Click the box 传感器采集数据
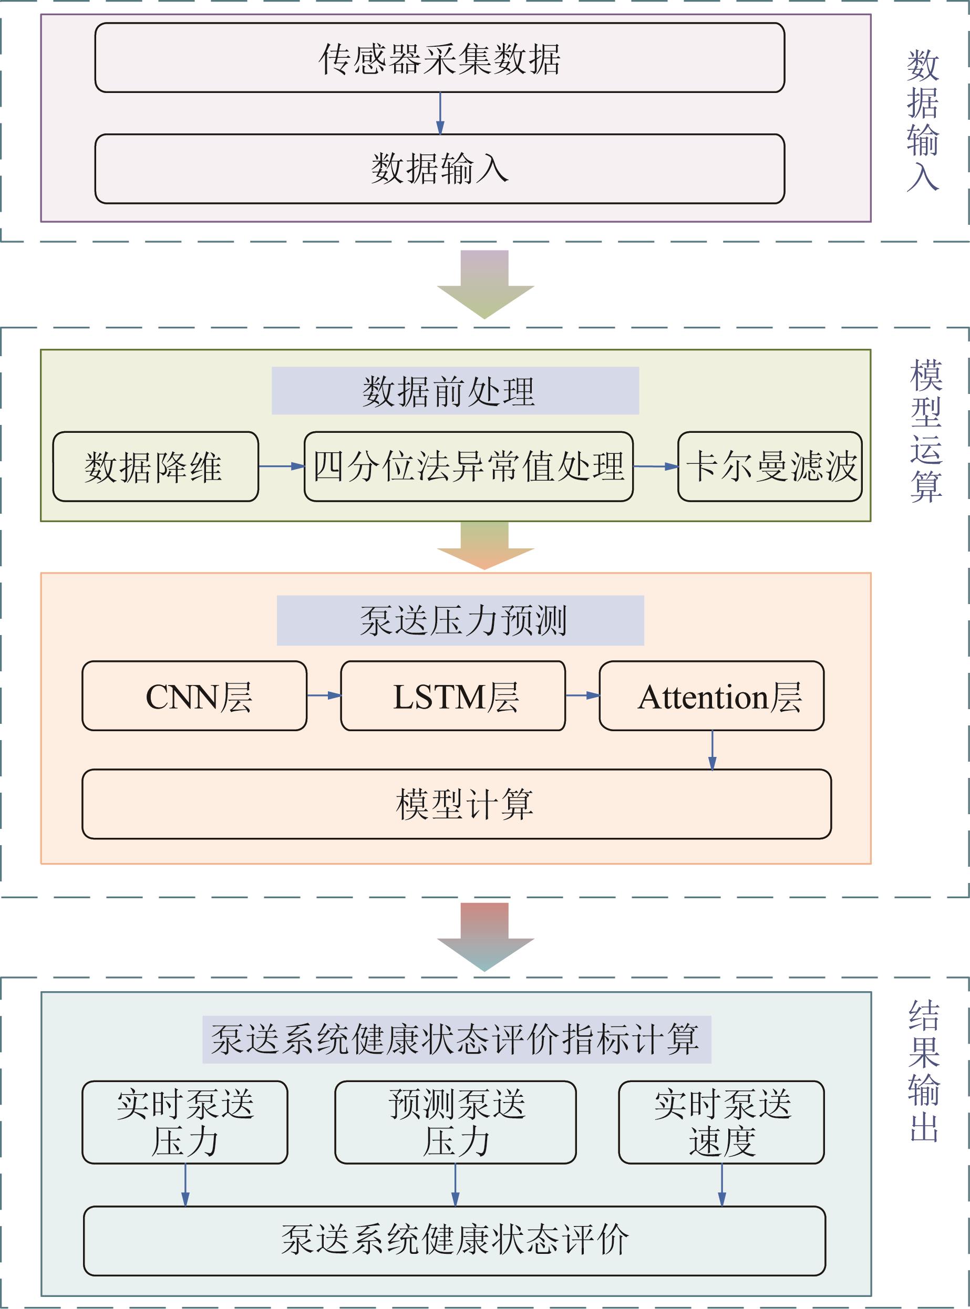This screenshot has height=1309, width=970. [x=439, y=58]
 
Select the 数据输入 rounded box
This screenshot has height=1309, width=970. [x=439, y=169]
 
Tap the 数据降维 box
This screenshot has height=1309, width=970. [x=155, y=466]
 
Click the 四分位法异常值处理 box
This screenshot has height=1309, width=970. [x=468, y=466]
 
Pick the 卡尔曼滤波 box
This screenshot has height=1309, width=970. [x=769, y=466]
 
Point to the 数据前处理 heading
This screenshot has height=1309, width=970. [x=455, y=391]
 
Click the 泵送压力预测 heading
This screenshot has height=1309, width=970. [x=460, y=620]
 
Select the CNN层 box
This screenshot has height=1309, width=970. [x=194, y=696]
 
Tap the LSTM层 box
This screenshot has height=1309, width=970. [x=453, y=696]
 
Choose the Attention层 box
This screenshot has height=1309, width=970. [x=711, y=696]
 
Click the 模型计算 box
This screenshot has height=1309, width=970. [x=456, y=804]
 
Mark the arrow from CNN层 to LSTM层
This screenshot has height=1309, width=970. [x=324, y=695]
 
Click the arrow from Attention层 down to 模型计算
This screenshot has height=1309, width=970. [x=712, y=750]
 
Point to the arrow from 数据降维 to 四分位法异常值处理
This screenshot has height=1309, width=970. [x=281, y=466]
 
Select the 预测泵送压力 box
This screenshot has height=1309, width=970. [x=455, y=1123]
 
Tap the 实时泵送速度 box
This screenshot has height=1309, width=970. [x=721, y=1123]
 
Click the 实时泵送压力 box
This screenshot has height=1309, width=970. [x=184, y=1123]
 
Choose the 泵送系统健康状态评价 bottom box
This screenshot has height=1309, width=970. [x=455, y=1240]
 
